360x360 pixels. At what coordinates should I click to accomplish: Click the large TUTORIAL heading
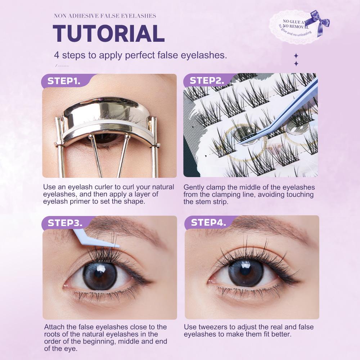click(x=108, y=33)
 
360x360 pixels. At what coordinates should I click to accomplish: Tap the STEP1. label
click(x=64, y=81)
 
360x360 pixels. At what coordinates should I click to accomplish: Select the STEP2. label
click(x=207, y=81)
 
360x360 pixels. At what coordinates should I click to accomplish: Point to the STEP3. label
click(x=65, y=223)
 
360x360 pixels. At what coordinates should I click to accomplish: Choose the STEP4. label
click(x=208, y=222)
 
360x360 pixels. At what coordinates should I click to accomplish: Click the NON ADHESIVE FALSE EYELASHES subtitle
click(x=105, y=16)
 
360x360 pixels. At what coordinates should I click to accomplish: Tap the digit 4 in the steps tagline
click(x=57, y=55)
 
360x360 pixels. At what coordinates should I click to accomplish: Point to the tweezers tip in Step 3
click(x=114, y=246)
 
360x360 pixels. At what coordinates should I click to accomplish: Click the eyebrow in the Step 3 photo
click(x=119, y=229)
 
